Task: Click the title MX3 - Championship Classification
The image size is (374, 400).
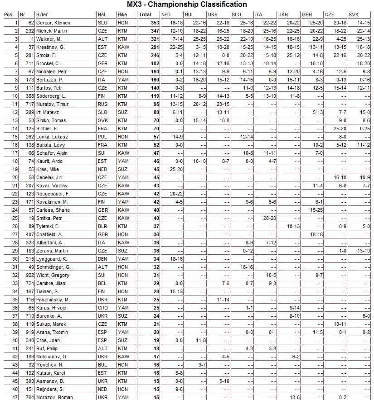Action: coord(187,5)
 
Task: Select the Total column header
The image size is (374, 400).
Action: coord(145,14)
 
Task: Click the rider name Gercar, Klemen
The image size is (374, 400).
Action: coord(53,23)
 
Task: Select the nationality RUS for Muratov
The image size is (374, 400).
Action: coord(103,104)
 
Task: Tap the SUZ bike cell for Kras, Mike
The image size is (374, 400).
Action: coord(122,169)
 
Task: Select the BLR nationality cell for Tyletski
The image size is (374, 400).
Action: coord(103,226)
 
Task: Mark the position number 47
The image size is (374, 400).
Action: coord(15,397)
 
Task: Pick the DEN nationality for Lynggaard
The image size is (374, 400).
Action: coord(103,259)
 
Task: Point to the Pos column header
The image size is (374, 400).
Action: coord(8,14)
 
